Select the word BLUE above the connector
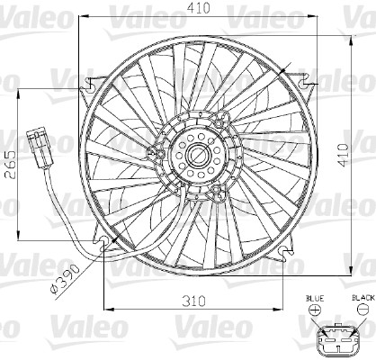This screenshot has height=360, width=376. tap(314, 296)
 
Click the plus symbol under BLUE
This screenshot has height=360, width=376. tap(315, 310)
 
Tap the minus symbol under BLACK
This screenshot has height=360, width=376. tap(362, 310)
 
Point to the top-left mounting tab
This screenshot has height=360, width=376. tap(91, 86)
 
